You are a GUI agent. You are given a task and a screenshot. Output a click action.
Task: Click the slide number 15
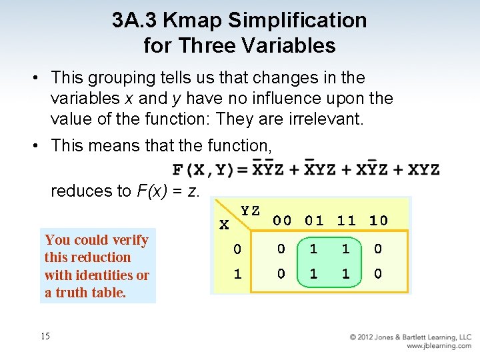coord(45,336)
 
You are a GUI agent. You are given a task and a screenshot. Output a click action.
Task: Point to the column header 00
coord(281,220)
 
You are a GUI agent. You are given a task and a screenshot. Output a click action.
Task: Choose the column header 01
coord(314,220)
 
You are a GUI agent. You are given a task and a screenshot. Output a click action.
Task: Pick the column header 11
coord(346,220)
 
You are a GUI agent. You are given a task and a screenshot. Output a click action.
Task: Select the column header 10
coord(378,220)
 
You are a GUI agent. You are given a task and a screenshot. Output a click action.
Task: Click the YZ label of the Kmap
coord(250,211)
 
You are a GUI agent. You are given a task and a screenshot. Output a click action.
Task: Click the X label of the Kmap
coord(224,225)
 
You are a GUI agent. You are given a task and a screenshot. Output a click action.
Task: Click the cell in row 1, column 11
coord(346,273)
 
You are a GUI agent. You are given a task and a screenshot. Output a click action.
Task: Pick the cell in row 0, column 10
coord(378,249)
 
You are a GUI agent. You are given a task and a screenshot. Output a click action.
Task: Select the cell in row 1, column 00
coord(281,273)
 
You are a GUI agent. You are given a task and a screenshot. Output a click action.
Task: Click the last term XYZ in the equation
coord(423,170)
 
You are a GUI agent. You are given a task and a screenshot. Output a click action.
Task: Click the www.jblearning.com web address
coord(439,347)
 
